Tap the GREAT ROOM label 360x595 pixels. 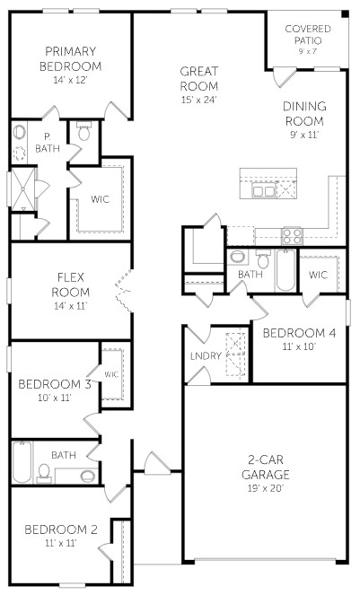coord(199,78)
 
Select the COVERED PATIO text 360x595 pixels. coord(307,34)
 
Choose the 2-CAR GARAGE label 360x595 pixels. coord(266,466)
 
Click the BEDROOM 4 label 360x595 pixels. coord(299,333)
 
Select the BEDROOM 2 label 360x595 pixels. coord(60,529)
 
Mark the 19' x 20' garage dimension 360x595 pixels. coord(266,487)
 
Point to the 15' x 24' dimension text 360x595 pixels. coord(199,100)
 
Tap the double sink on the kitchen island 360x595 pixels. coord(264,190)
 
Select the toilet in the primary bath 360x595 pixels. coord(83,134)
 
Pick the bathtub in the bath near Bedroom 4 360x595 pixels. coord(285,270)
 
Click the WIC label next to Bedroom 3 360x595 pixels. coord(112,373)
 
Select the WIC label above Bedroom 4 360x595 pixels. coord(320,275)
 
